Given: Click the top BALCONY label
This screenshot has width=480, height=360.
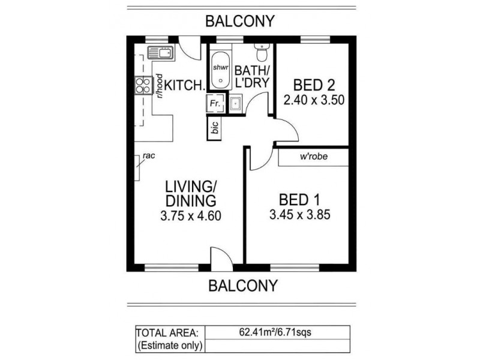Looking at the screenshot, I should pos(240,21).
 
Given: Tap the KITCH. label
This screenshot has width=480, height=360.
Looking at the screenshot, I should pos(184,85).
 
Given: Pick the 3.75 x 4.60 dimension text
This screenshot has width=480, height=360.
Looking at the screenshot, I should pos(190,216).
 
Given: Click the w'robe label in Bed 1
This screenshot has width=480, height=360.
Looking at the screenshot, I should pos(313,158).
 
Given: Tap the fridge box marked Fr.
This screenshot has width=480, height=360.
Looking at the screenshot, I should pos(215,104).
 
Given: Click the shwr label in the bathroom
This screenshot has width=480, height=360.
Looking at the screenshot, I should pos(220,67).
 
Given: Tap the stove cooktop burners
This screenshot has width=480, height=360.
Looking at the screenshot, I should pos(143,86).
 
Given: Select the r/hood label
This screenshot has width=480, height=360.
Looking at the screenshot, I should pos(160,86).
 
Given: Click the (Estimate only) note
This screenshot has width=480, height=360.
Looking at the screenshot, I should pos(170,346).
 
